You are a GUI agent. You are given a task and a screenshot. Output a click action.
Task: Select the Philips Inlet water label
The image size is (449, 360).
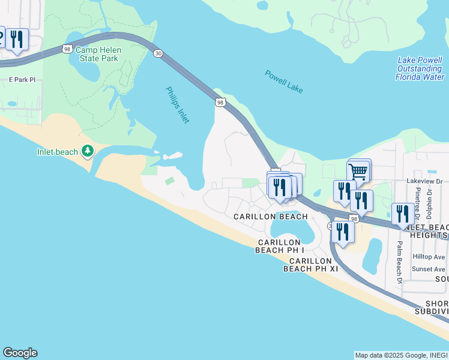pyautogui.click(x=178, y=105)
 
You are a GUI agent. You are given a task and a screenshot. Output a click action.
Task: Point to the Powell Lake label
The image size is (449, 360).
pyautogui.click(x=284, y=82)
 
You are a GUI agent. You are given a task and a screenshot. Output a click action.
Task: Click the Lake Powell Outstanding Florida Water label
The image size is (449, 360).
pyautogui.click(x=421, y=69)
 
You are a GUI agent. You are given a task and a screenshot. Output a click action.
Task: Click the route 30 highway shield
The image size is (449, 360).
pyautogui.click(x=158, y=53)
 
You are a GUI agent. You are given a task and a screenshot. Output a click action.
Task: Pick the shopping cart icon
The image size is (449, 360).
pyautogui.click(x=358, y=171)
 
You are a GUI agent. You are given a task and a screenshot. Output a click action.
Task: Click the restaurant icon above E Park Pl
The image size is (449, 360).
pyautogui.click(x=17, y=40)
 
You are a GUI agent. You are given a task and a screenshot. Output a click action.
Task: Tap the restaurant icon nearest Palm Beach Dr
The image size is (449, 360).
pyautogui.click(x=402, y=214)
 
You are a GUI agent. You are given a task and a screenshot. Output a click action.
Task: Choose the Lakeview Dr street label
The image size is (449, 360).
pyautogui.click(x=424, y=181)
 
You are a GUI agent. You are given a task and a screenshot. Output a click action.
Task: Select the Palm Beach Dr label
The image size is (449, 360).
pyautogui.click(x=399, y=262)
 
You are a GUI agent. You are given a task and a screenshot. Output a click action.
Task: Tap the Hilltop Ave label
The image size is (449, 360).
pyautogui.click(x=429, y=257)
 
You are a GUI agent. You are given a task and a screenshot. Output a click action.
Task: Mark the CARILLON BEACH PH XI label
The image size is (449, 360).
pyautogui.click(x=311, y=265)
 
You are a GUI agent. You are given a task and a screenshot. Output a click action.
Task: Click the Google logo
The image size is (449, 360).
pyautogui.click(x=20, y=353)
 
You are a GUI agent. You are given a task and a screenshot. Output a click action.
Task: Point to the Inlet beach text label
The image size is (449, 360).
pyautogui.click(x=58, y=152)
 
